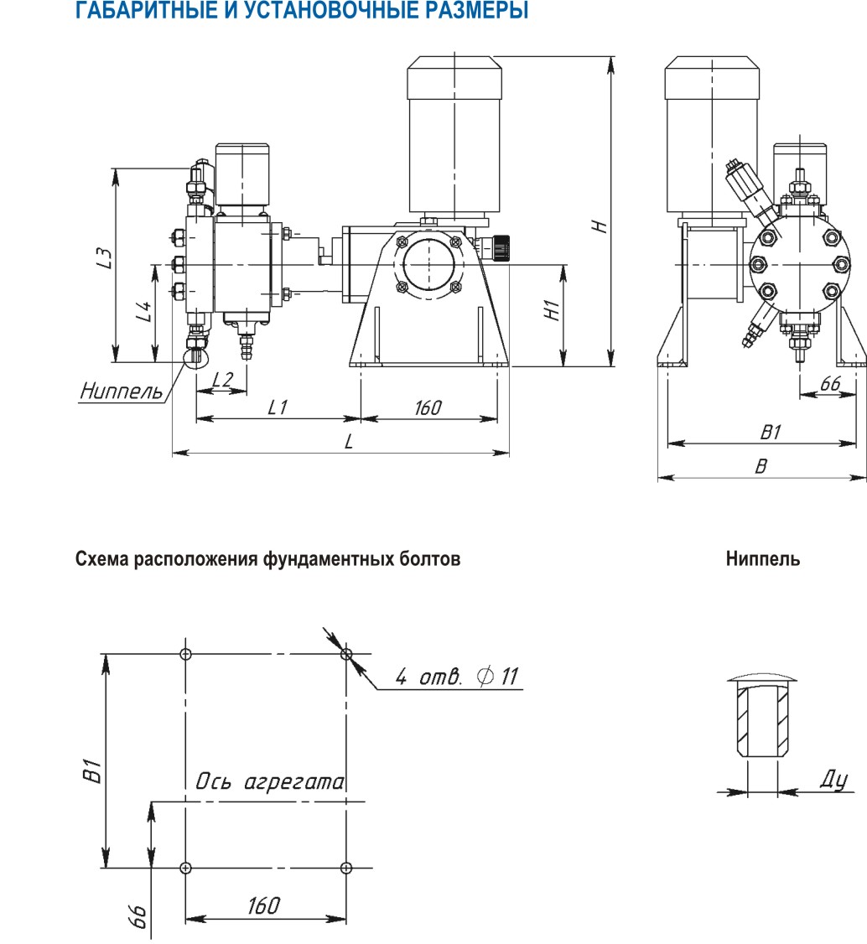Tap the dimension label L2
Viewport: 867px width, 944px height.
221,379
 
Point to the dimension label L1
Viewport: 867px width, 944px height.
278,407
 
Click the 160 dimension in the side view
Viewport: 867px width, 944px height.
428,407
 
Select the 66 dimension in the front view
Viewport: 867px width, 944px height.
829,383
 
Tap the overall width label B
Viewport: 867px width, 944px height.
761,467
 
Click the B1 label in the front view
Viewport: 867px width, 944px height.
770,433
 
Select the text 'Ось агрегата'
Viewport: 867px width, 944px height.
269,783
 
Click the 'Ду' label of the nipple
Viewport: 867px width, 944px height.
833,780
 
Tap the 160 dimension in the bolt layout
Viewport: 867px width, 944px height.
263,905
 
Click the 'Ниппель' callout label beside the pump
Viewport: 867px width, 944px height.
121,392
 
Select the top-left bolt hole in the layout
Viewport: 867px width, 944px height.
185,654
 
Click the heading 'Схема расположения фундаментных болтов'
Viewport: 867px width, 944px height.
268,559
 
